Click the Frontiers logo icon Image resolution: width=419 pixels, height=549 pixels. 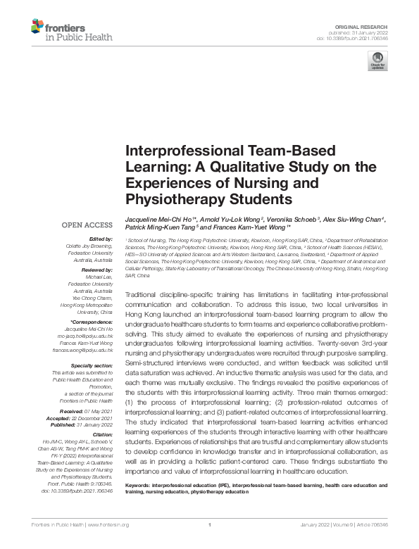[37, 27]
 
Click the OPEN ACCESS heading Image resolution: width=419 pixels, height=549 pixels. [87, 225]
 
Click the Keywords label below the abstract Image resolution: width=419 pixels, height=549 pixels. [141, 485]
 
